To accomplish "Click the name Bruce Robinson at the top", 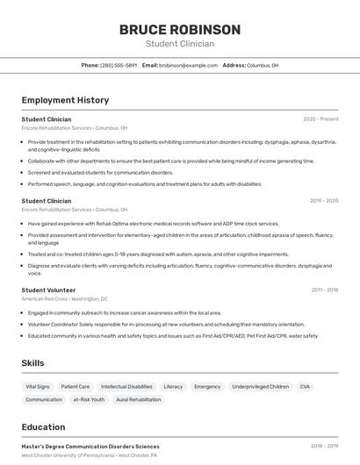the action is (x=179, y=30).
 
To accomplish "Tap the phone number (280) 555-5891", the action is (x=119, y=65).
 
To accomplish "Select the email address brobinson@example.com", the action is (x=188, y=65).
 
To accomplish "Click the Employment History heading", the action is (x=65, y=100).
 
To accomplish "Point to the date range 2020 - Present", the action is (x=320, y=118).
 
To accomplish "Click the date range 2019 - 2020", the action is (x=324, y=201).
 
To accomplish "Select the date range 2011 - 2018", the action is (x=324, y=290).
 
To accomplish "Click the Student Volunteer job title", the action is (x=48, y=290).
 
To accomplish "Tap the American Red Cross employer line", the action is (x=64, y=298).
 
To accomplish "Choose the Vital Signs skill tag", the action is (x=38, y=386).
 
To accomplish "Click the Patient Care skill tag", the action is (x=76, y=386).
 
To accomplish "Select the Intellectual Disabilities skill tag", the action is (x=126, y=386).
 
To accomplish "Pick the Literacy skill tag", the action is (x=173, y=386).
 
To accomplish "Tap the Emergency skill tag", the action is (x=207, y=386).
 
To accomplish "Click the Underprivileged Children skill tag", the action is (x=260, y=386).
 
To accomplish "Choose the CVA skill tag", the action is (x=305, y=386).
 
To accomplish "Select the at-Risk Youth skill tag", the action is (x=89, y=399).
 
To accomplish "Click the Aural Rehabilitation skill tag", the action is (x=139, y=399).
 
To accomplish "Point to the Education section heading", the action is (x=43, y=427).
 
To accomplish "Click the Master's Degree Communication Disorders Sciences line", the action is (x=90, y=447).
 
